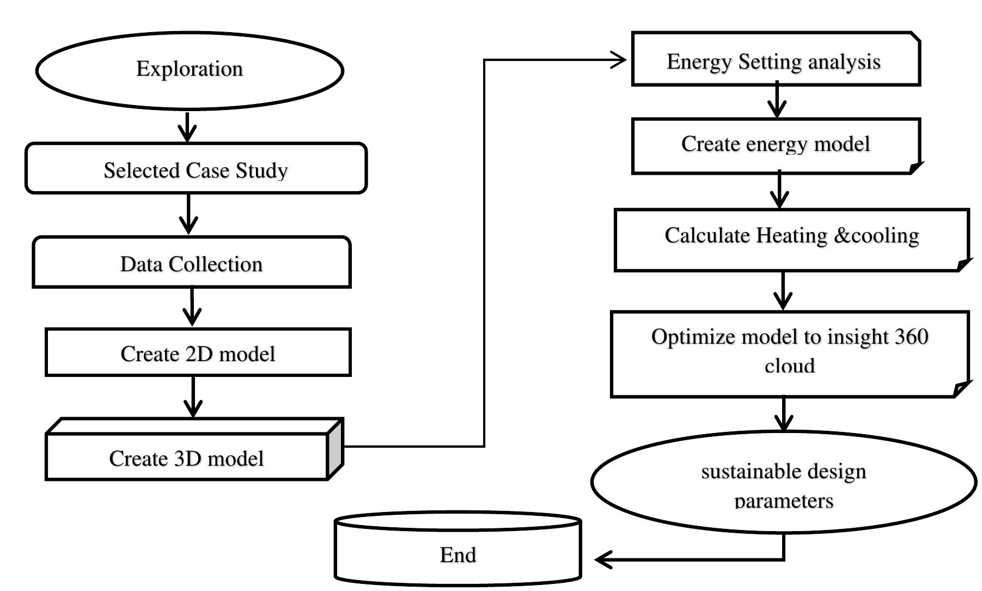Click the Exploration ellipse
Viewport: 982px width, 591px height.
190,70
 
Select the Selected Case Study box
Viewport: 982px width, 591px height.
196,169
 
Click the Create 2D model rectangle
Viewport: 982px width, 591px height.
198,353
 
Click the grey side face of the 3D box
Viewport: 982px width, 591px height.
336,450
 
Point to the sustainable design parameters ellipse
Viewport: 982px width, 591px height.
783,482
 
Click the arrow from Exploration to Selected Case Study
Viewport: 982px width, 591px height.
187,126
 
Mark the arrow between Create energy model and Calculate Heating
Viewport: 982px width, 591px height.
780,191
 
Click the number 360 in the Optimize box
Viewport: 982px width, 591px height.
911,337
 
